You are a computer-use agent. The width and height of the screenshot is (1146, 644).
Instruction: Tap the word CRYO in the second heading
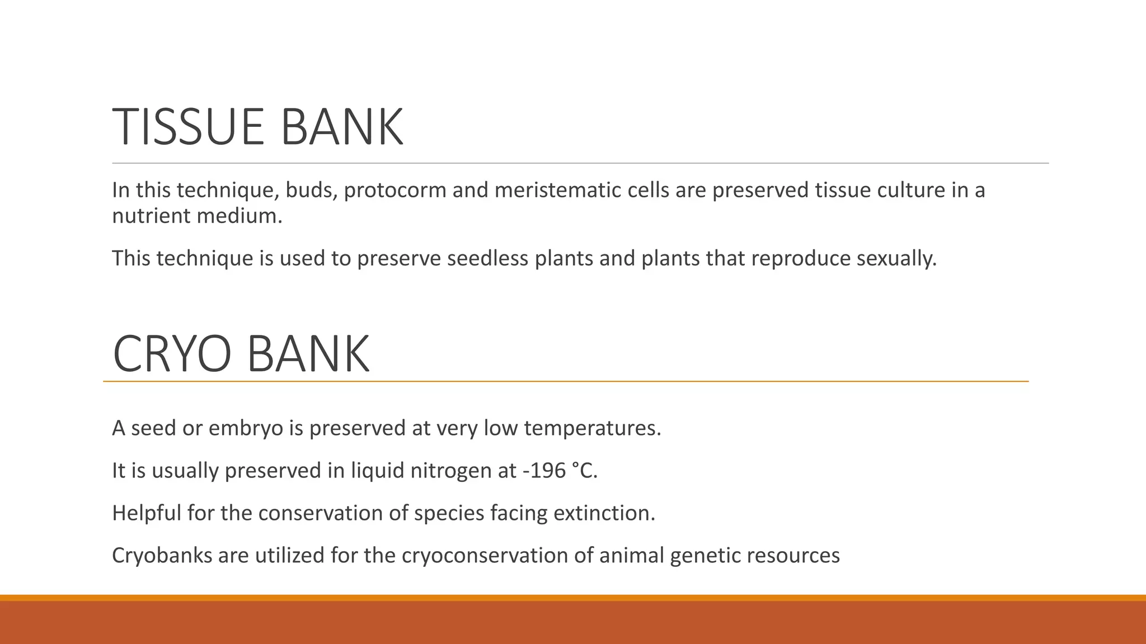(172, 354)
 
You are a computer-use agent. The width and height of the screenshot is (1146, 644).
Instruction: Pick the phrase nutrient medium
(197, 216)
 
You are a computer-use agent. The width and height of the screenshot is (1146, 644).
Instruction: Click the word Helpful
(146, 513)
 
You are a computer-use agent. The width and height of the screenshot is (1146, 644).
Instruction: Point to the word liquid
(377, 471)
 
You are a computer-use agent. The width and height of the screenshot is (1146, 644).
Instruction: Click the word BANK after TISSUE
(341, 127)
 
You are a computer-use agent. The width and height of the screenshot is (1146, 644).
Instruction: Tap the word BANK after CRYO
(308, 354)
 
